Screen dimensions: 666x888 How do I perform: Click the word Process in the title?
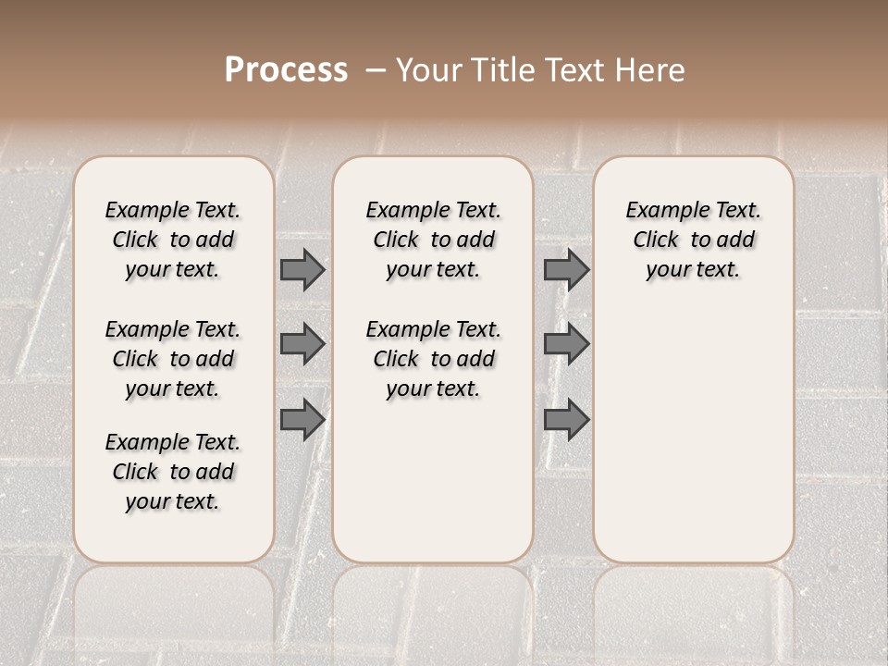click(286, 70)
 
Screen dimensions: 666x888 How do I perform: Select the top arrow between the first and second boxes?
click(302, 270)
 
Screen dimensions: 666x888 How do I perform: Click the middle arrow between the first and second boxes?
click(302, 344)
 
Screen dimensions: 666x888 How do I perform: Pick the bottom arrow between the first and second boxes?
click(302, 419)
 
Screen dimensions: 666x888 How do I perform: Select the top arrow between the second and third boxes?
click(566, 270)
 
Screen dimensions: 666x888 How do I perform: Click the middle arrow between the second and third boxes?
click(566, 344)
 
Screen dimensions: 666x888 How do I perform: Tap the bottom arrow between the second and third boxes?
click(566, 419)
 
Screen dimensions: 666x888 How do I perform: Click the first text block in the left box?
click(173, 240)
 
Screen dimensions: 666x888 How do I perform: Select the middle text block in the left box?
click(173, 359)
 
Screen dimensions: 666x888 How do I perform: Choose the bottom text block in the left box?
click(173, 472)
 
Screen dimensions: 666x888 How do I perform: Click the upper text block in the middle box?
click(433, 240)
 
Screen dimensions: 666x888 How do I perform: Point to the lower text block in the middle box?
click(433, 359)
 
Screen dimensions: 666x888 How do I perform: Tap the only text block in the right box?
click(694, 240)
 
